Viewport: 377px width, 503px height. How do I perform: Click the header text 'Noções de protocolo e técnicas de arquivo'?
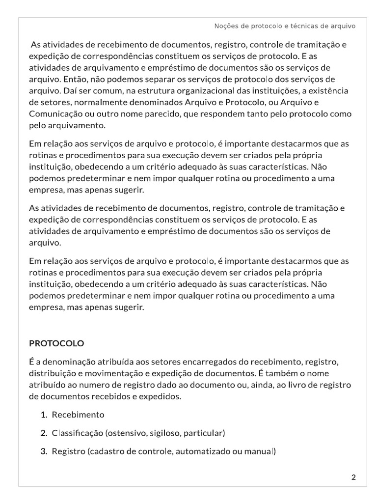pos(285,26)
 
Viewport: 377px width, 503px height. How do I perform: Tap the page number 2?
pos(353,477)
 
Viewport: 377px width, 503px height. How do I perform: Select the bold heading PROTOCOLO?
pos(56,343)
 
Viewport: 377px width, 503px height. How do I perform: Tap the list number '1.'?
pos(44,415)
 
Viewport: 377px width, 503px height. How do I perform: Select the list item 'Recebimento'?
pos(78,415)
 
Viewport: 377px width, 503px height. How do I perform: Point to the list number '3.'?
pos(44,451)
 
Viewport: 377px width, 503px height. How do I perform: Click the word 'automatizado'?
pos(200,451)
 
